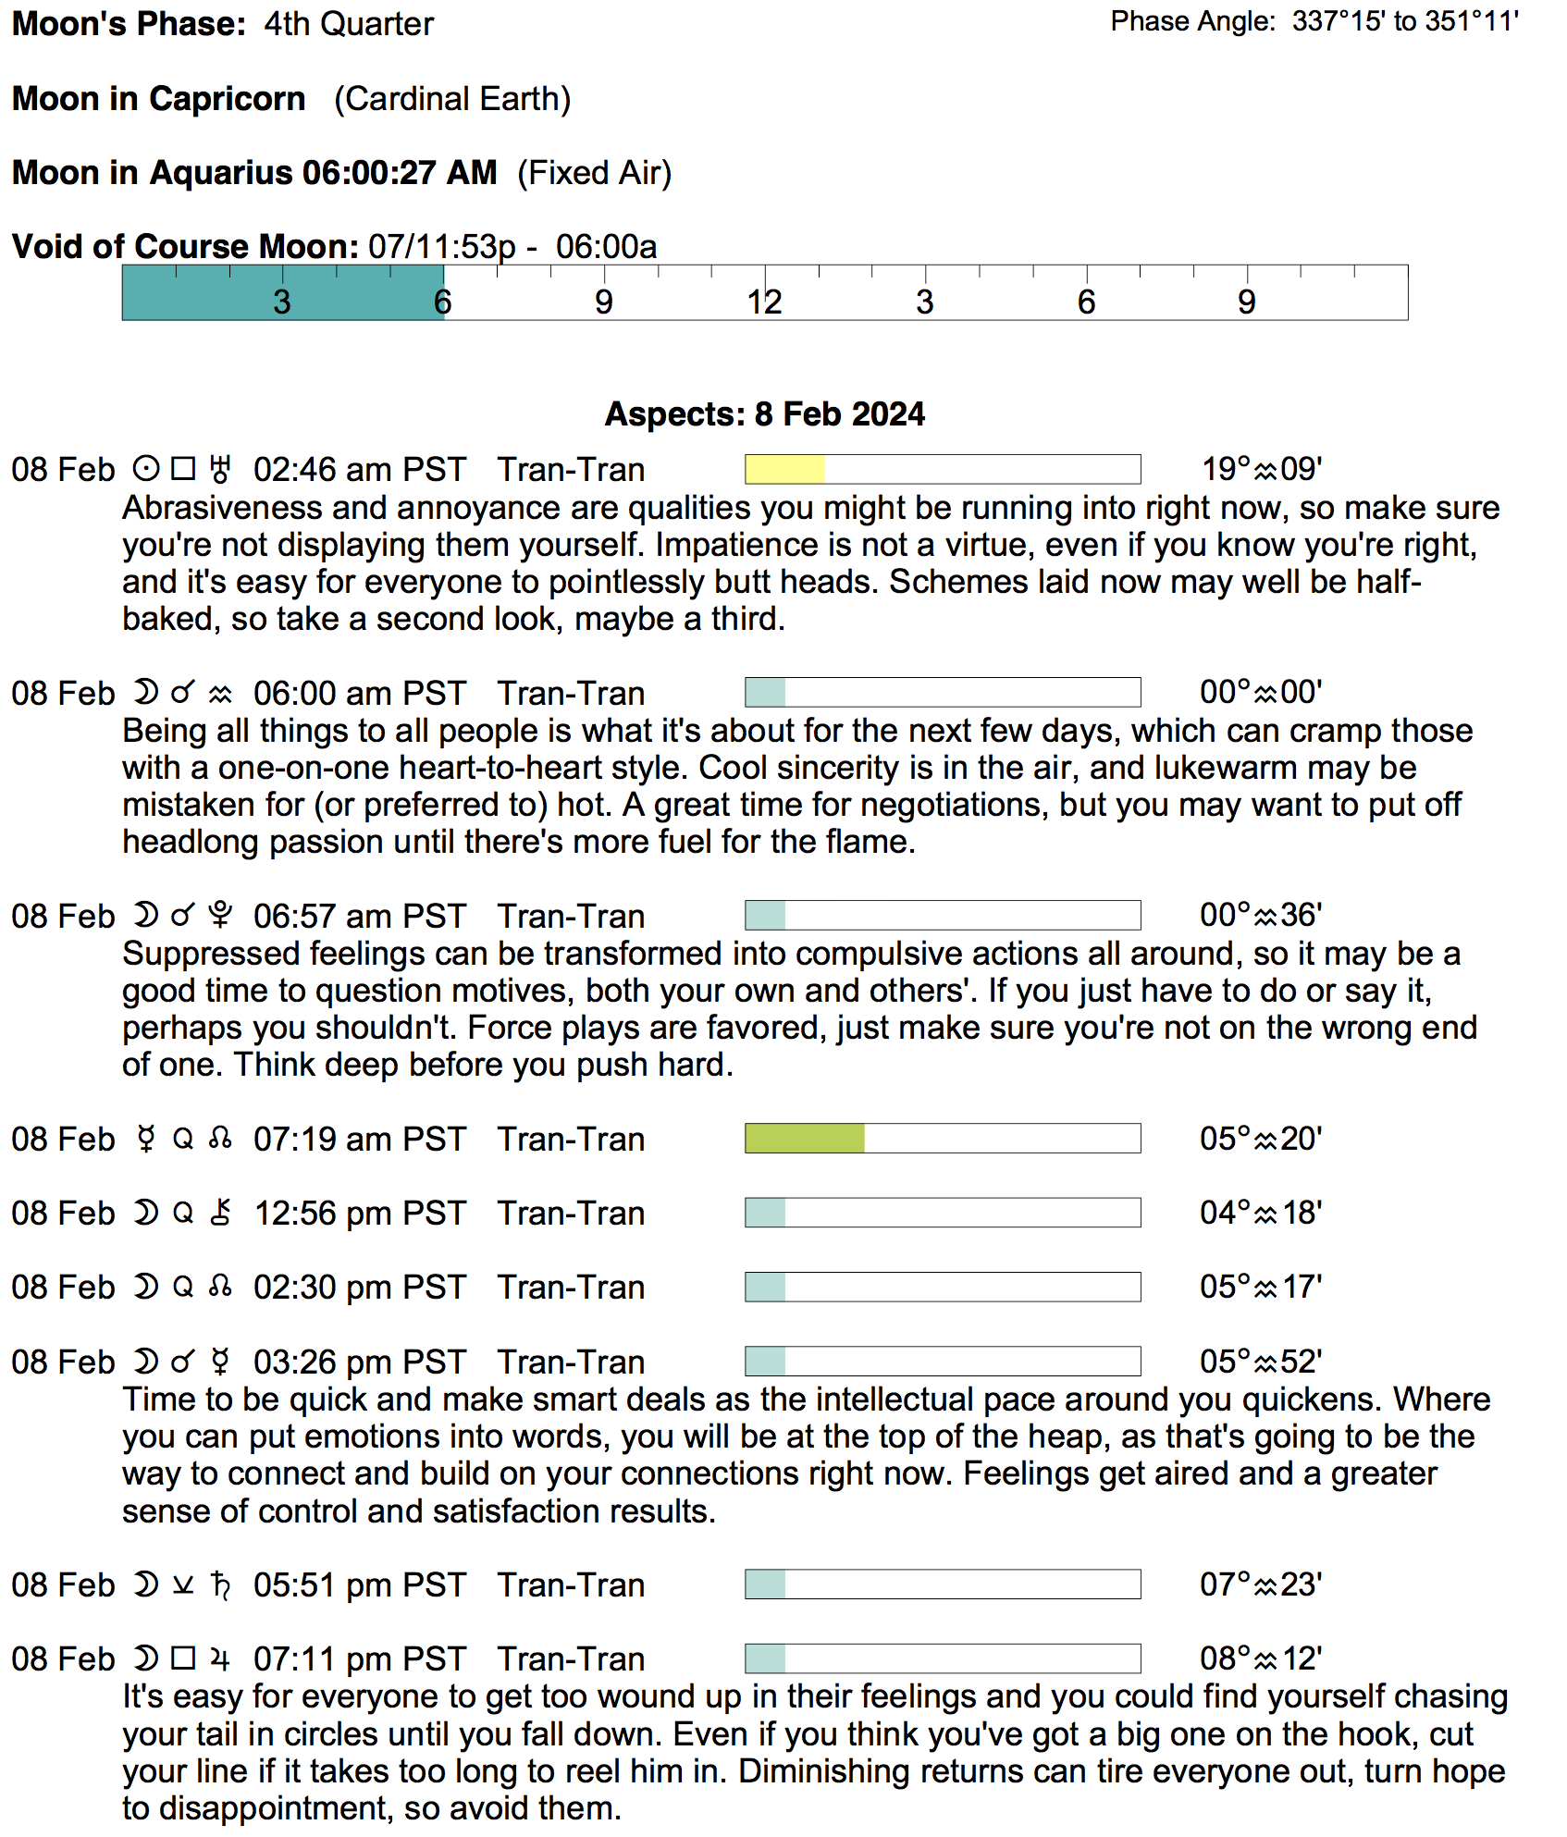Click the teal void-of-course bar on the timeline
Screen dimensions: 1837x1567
pos(282,292)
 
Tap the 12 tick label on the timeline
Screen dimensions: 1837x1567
pos(765,302)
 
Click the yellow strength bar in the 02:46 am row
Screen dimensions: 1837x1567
pos(784,469)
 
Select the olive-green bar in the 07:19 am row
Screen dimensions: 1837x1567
pos(804,1138)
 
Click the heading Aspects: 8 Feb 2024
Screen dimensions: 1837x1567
pos(764,413)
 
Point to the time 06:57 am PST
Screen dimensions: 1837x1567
pos(359,916)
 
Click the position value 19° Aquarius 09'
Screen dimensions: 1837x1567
pos(1261,469)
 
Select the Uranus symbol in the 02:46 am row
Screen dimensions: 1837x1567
pos(220,469)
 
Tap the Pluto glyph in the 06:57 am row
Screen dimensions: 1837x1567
pos(220,916)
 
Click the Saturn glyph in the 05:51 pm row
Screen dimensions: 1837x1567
pos(220,1584)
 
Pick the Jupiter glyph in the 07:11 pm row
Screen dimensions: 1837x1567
pos(220,1658)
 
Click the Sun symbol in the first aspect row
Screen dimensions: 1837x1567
pos(145,469)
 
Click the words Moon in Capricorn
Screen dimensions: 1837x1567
pos(159,99)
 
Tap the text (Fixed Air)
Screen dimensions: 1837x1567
pos(594,173)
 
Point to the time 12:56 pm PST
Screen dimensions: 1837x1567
pos(359,1213)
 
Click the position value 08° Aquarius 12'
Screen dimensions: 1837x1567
pos(1261,1658)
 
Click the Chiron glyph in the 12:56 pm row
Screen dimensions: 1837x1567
pos(220,1213)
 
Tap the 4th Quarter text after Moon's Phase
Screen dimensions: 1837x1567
pos(349,24)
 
